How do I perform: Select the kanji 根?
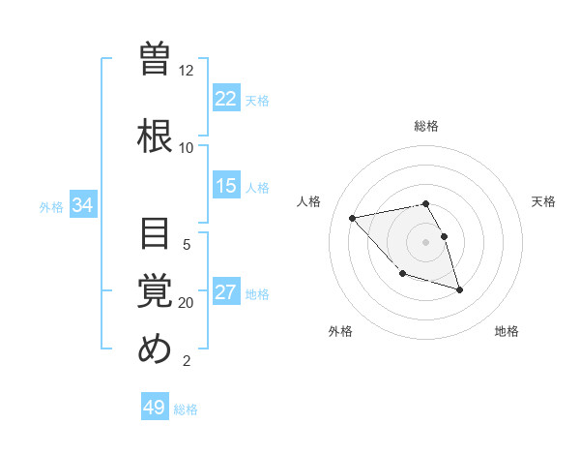(x=155, y=135)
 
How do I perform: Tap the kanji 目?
(x=155, y=235)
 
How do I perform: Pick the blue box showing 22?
(x=226, y=99)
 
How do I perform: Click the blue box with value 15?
(x=226, y=186)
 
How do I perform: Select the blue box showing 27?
(x=226, y=292)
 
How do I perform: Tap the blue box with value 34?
(x=82, y=205)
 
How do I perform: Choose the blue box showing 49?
(x=155, y=408)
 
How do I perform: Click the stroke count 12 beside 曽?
(x=187, y=71)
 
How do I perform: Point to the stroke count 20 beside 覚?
(x=187, y=303)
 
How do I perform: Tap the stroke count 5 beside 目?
(x=187, y=245)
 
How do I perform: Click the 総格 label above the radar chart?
(x=426, y=126)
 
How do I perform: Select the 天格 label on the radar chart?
(x=543, y=201)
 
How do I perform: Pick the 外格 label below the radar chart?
(x=340, y=332)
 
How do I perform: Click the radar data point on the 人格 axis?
(x=353, y=218)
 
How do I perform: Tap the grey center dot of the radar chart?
(x=426, y=241)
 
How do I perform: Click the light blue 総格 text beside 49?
(x=186, y=409)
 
